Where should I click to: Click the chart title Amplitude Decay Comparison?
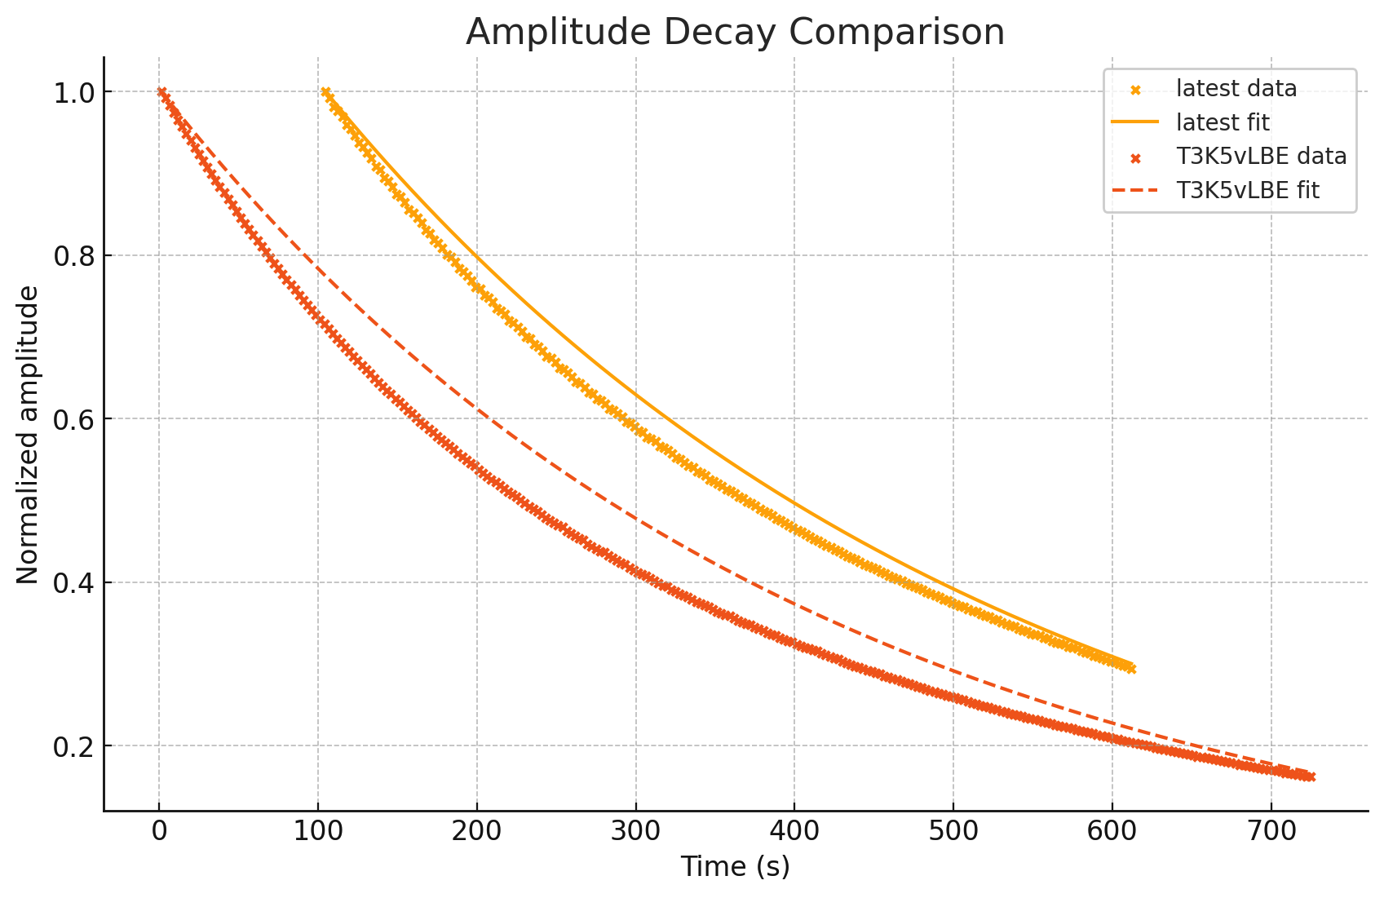(x=735, y=33)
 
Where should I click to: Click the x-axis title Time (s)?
(x=735, y=867)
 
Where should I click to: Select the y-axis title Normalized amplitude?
(x=28, y=435)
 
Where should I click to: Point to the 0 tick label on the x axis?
(x=159, y=831)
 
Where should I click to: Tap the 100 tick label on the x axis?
(x=318, y=831)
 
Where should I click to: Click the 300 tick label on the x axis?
(x=635, y=831)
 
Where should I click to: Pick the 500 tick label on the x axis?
(x=953, y=831)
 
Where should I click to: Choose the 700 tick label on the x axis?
(x=1271, y=831)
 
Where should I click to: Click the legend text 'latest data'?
(x=1236, y=88)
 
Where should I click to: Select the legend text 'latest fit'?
(x=1223, y=122)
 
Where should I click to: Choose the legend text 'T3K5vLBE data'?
(x=1261, y=157)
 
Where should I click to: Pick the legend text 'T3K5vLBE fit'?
(x=1248, y=191)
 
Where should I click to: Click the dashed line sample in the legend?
(x=1134, y=191)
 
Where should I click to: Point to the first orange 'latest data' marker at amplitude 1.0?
(x=326, y=93)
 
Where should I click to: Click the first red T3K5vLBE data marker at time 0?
(x=161, y=92)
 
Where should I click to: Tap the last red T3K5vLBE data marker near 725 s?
(x=1310, y=776)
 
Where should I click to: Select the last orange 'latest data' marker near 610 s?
(x=1130, y=669)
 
